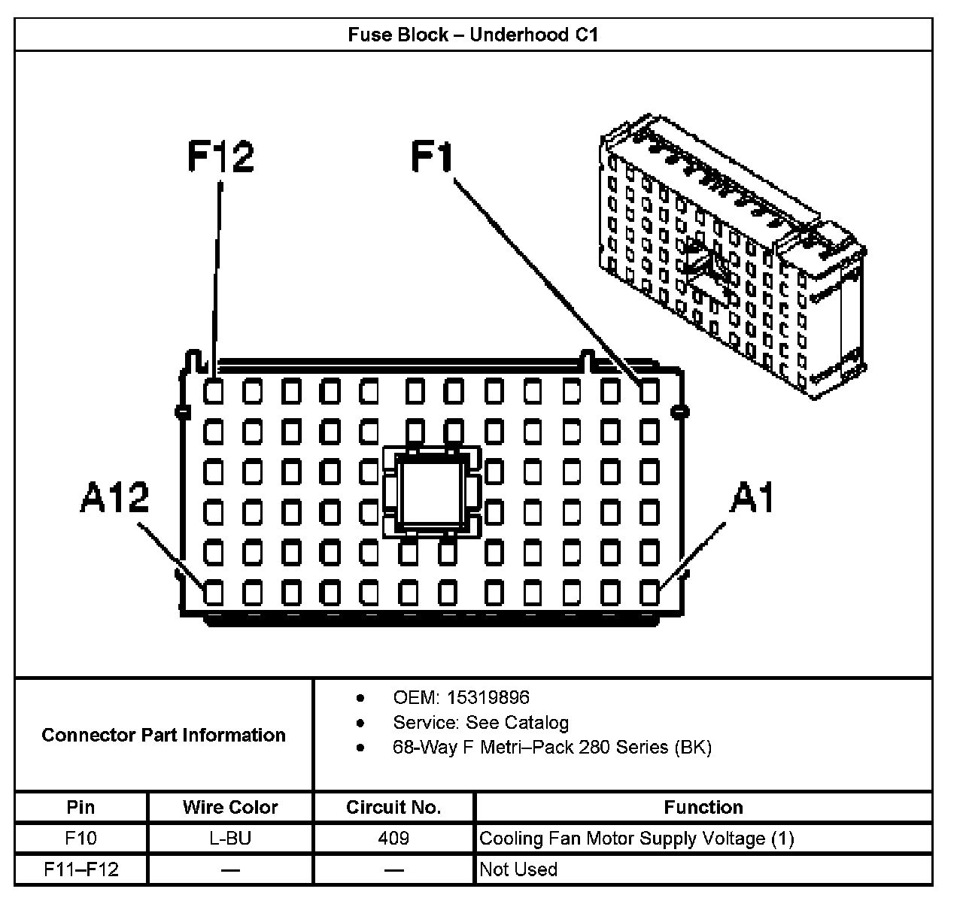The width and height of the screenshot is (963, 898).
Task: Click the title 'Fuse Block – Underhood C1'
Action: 472,35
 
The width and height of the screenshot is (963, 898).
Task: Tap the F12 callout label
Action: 220,158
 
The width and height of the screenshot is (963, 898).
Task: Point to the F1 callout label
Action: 433,158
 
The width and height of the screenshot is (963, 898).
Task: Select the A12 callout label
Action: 114,498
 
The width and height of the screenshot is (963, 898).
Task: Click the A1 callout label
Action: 752,498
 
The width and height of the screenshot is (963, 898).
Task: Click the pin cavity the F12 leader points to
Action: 214,391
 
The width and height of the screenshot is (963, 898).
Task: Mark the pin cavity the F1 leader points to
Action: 649,391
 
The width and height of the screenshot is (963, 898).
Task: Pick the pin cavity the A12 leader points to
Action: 214,593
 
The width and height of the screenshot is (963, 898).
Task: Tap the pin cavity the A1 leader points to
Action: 649,593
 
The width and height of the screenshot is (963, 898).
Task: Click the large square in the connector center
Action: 431,492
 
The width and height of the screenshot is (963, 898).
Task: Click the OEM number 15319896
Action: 488,697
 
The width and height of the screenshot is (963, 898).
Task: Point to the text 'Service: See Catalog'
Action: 481,723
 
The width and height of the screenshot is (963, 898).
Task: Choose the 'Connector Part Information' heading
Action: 163,735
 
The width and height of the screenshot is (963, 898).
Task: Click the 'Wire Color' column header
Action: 230,807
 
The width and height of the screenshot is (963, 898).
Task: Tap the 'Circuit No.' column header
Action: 393,807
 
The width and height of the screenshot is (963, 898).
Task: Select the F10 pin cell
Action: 81,838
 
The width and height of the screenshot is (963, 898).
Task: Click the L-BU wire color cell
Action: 230,838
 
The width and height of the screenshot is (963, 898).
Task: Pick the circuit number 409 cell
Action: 393,838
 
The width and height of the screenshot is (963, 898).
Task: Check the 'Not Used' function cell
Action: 518,869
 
